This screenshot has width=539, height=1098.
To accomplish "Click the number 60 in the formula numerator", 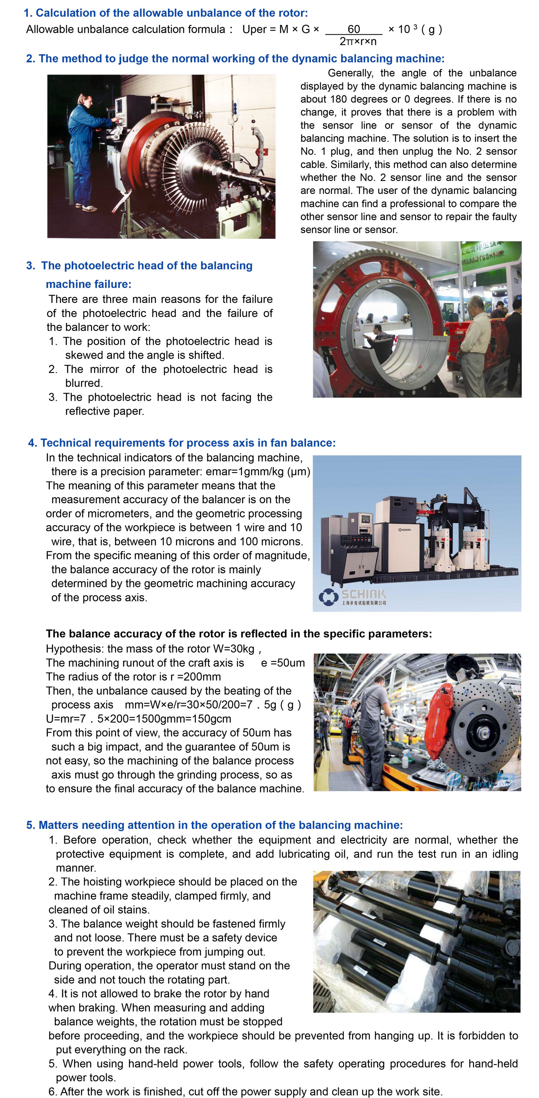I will click(x=353, y=29).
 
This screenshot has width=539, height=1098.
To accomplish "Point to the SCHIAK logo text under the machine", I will click(x=363, y=594).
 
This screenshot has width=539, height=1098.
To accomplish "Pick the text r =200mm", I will click(x=196, y=677).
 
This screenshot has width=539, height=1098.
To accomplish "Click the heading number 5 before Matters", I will click(x=30, y=825).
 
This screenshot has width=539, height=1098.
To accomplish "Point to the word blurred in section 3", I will click(x=84, y=383).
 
